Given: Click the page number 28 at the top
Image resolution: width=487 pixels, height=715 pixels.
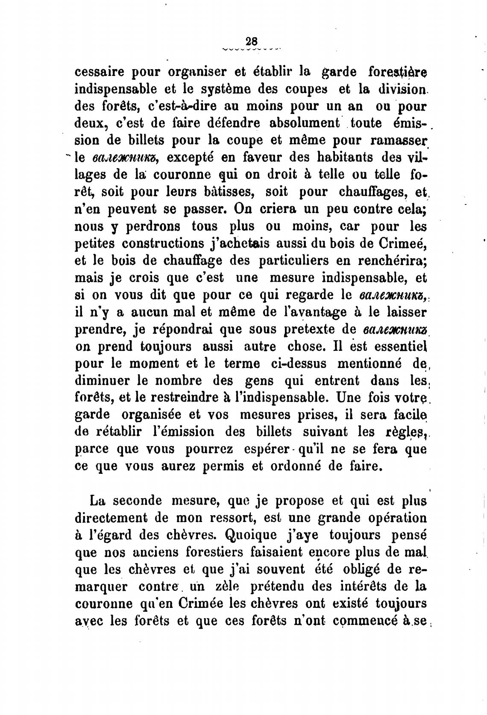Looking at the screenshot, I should click(x=252, y=41).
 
